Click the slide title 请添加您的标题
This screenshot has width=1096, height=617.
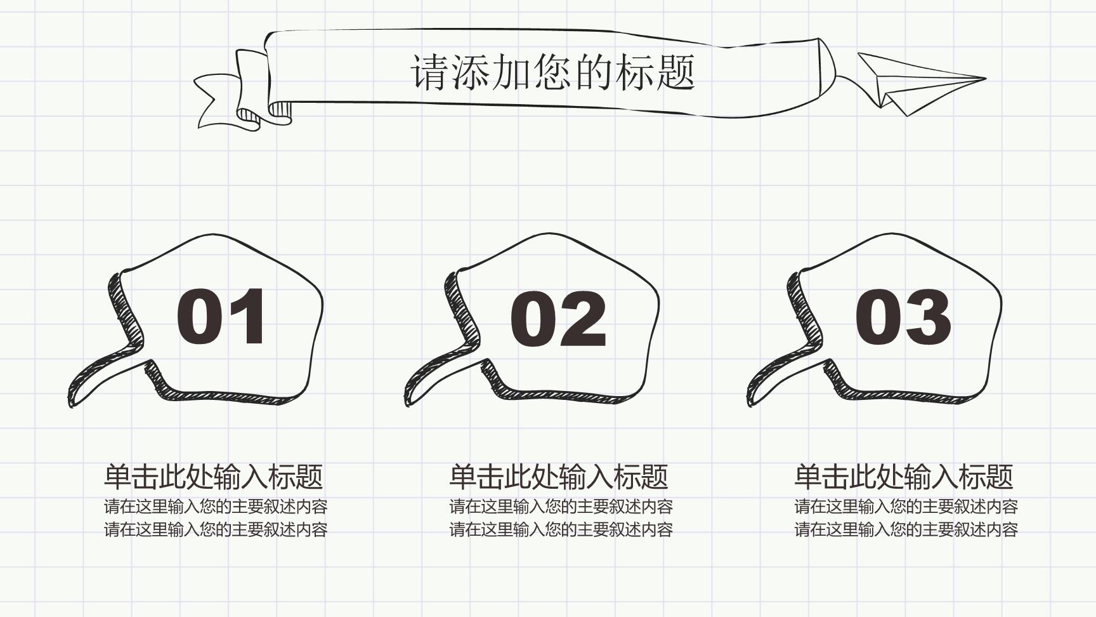click(553, 72)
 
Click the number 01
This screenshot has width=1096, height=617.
click(220, 316)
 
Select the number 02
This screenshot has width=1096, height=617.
click(558, 319)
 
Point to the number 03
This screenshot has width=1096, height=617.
click(903, 316)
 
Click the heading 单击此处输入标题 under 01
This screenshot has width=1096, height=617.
click(214, 477)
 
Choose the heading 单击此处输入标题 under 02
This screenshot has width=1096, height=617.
click(559, 477)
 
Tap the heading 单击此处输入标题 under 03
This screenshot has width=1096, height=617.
click(904, 477)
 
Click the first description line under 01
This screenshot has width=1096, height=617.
click(216, 507)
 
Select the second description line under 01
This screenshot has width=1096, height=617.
click(216, 529)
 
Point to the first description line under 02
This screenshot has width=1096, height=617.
click(561, 507)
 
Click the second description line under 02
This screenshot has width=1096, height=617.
click(561, 529)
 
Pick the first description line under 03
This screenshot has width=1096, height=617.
click(906, 507)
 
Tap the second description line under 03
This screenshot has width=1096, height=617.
click(906, 529)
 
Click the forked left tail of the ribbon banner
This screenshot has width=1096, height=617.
click(219, 102)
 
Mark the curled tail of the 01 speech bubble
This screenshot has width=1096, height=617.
click(101, 375)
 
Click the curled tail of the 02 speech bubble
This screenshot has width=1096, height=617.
click(438, 375)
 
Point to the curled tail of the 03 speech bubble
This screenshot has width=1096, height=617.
click(780, 375)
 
